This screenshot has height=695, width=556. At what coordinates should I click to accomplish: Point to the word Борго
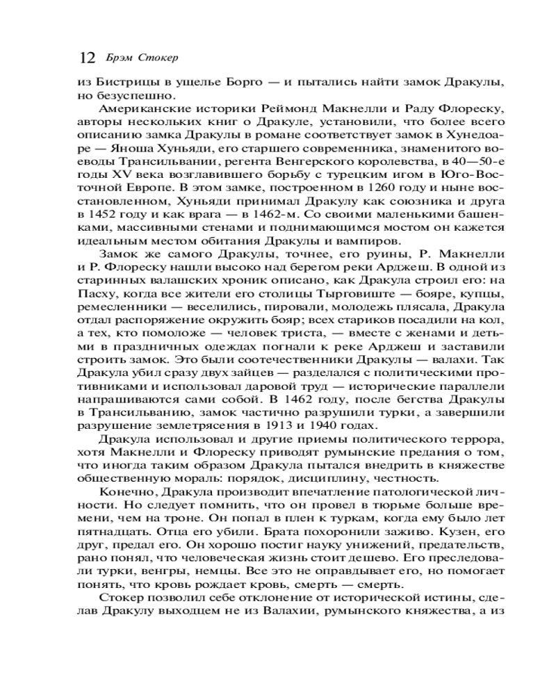(x=245, y=83)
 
